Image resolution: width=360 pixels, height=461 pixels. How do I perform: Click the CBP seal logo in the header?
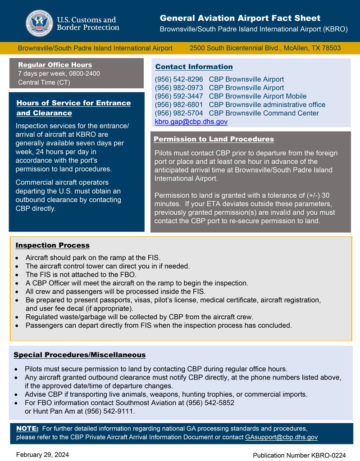[39, 23]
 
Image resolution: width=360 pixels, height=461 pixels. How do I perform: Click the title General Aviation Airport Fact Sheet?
[240, 18]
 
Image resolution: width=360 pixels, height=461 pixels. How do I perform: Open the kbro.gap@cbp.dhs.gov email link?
[191, 122]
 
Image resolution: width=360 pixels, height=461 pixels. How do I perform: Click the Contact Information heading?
[194, 67]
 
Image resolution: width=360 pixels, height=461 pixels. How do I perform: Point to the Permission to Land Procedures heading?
[214, 139]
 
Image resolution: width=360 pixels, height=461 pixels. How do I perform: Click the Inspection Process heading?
[52, 245]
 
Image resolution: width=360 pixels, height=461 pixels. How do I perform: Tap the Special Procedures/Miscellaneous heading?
[79, 355]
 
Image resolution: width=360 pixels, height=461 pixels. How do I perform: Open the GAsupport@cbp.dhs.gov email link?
[281, 437]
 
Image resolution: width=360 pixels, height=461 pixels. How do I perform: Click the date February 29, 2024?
[43, 455]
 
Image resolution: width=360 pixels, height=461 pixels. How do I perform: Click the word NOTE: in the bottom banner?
[27, 428]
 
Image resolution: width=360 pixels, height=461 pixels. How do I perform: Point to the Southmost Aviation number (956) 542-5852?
[210, 403]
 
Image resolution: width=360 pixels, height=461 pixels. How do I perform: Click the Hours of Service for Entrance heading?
[73, 103]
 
